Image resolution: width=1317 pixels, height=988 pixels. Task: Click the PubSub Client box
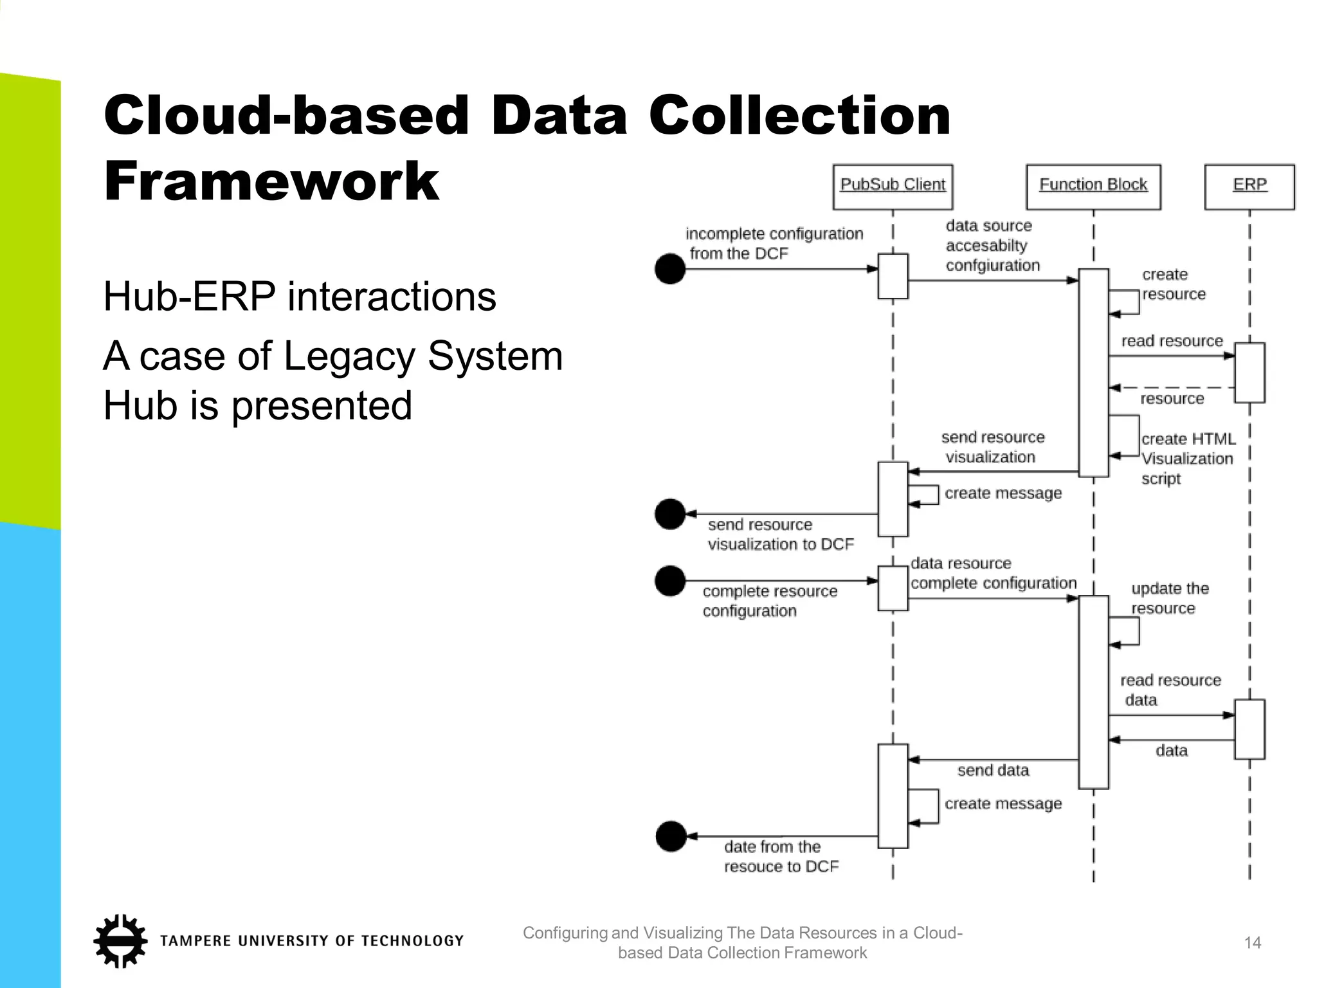coord(892,187)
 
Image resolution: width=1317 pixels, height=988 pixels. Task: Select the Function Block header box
coord(1093,187)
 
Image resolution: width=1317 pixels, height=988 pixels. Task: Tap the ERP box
coord(1249,187)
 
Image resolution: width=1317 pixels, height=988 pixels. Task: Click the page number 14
coord(1252,943)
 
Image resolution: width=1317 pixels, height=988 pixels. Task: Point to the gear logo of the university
coord(120,940)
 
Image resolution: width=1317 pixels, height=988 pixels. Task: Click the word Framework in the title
coord(271,182)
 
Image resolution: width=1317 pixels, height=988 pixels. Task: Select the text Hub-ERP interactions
coord(300,297)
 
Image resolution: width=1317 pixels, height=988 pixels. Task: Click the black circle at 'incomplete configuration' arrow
coord(670,269)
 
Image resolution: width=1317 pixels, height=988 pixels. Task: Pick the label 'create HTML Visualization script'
coord(1187,459)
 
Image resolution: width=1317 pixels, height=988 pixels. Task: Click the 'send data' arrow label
coord(993,770)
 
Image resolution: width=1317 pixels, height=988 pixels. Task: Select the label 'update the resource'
coord(1169,598)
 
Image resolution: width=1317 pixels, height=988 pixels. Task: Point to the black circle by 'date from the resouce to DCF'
coord(671,836)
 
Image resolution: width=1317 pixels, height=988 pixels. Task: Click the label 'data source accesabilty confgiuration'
coord(992,245)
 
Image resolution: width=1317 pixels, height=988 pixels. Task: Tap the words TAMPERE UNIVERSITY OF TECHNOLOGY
coord(312,941)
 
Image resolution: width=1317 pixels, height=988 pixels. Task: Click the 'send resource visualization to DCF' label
coord(780,535)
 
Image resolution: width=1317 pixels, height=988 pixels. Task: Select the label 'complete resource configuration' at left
coord(769,601)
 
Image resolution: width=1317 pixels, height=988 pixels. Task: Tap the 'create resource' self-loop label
coord(1173,284)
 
